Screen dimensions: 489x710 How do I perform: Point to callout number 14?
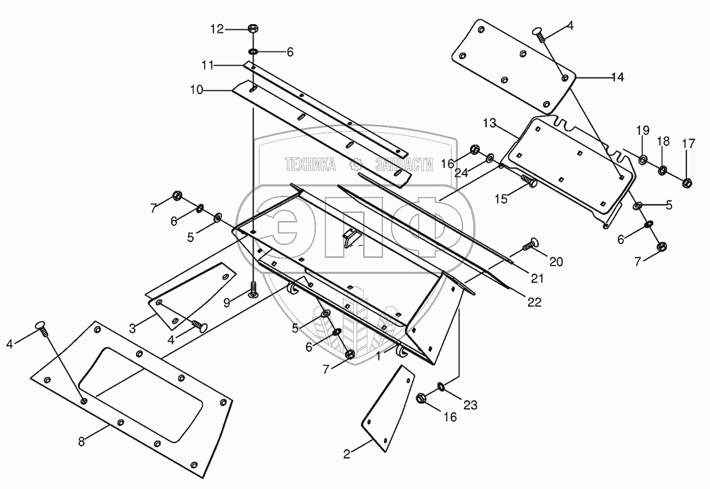click(617, 77)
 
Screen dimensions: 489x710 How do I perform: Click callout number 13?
click(490, 124)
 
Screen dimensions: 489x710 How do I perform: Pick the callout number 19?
click(643, 131)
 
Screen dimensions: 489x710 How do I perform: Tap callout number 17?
click(688, 144)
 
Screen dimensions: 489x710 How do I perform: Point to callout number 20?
click(556, 262)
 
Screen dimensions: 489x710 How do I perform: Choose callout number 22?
click(534, 302)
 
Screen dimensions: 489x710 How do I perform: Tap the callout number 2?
click(347, 454)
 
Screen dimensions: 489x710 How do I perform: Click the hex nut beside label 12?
click(253, 28)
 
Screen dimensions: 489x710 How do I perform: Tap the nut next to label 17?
click(687, 182)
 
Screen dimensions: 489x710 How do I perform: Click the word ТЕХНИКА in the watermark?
click(310, 163)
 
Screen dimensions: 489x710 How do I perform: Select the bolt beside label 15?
click(529, 181)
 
